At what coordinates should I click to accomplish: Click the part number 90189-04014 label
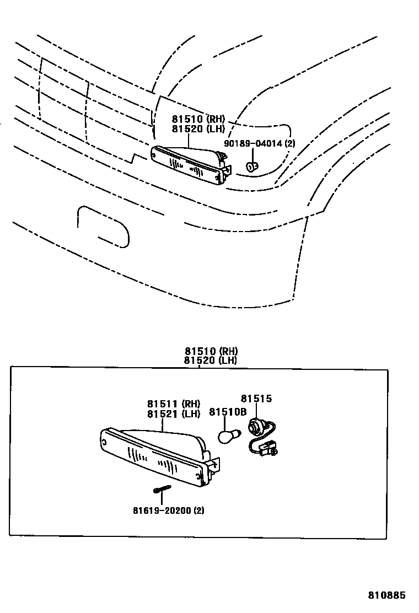tap(260, 144)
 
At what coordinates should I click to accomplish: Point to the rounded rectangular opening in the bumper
tap(104, 225)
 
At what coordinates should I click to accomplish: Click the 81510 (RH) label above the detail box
tap(211, 351)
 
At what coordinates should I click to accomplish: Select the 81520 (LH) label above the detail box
tap(211, 361)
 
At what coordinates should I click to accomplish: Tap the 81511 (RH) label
tap(173, 404)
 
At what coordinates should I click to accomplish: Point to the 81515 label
tap(256, 399)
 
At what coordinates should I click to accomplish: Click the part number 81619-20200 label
tap(168, 510)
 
